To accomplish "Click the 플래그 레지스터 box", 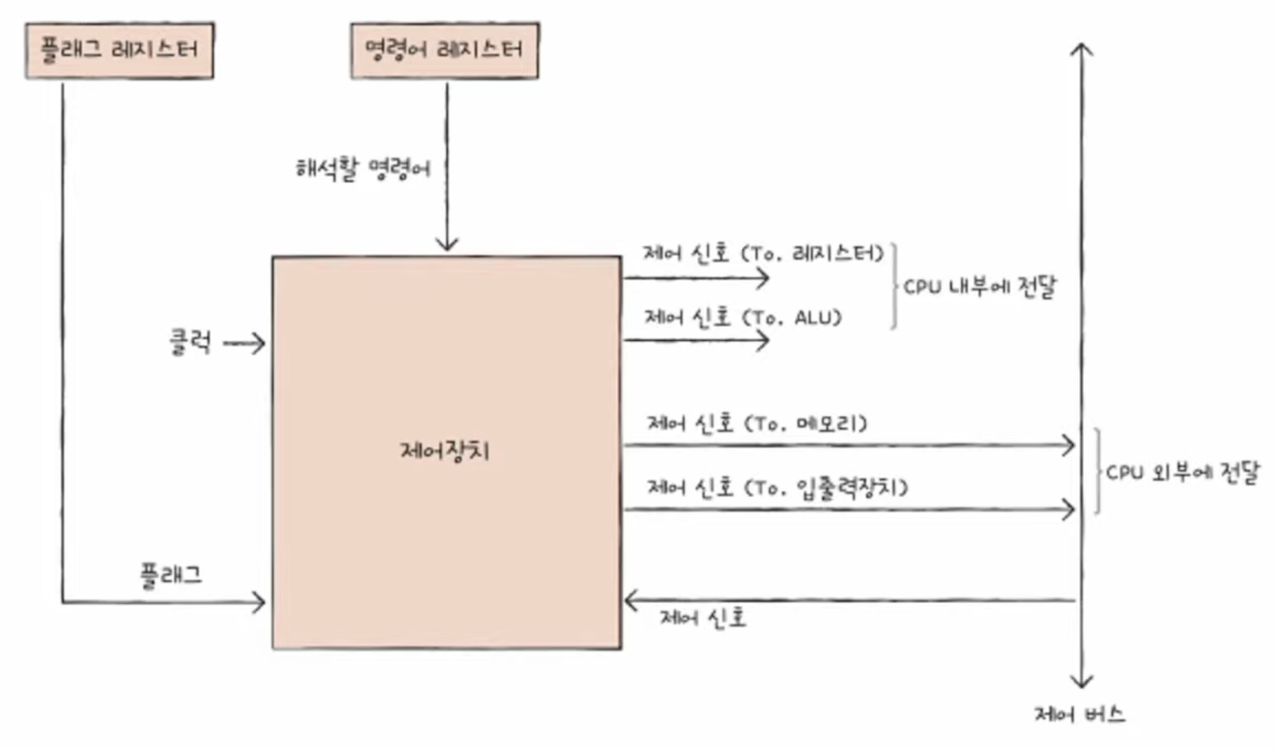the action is [x=119, y=50].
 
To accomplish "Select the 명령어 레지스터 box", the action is [x=444, y=50].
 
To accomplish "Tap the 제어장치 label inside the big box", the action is [x=444, y=450].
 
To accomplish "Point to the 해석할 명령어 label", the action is [x=362, y=169].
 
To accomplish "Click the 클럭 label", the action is [x=190, y=342].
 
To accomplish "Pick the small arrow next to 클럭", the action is [x=245, y=344].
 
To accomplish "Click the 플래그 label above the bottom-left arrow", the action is [x=172, y=576].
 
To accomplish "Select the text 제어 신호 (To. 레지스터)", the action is [x=763, y=253].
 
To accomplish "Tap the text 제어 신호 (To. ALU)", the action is [x=742, y=318].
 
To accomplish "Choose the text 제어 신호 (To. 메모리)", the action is [x=756, y=424].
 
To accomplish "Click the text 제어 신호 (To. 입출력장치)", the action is [x=777, y=487].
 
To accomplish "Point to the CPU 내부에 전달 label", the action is [x=979, y=287].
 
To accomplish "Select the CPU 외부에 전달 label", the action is [x=1182, y=473].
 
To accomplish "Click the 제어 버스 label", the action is [x=1080, y=715].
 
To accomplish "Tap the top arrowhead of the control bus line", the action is [x=1082, y=48].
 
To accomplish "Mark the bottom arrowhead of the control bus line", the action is [x=1082, y=682].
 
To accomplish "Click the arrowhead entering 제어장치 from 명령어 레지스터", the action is [x=447, y=245].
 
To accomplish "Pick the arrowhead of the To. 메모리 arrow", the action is [x=1068, y=445].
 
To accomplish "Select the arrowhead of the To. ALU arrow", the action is [x=763, y=341].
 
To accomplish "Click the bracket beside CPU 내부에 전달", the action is [x=894, y=286].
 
